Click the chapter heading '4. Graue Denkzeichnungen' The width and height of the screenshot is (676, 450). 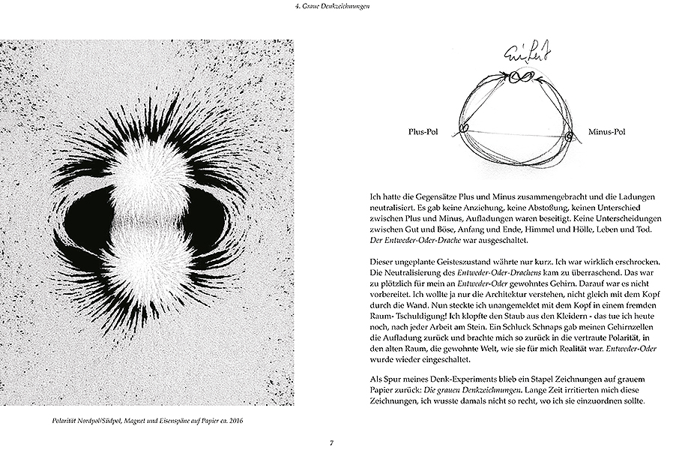(337, 7)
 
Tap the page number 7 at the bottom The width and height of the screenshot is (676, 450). (331, 442)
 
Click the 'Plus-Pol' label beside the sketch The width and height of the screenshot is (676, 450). (429, 131)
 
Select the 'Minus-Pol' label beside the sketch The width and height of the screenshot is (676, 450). (608, 131)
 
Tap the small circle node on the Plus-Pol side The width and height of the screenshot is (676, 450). (464, 128)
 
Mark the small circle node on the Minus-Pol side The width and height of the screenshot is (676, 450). (570, 136)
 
